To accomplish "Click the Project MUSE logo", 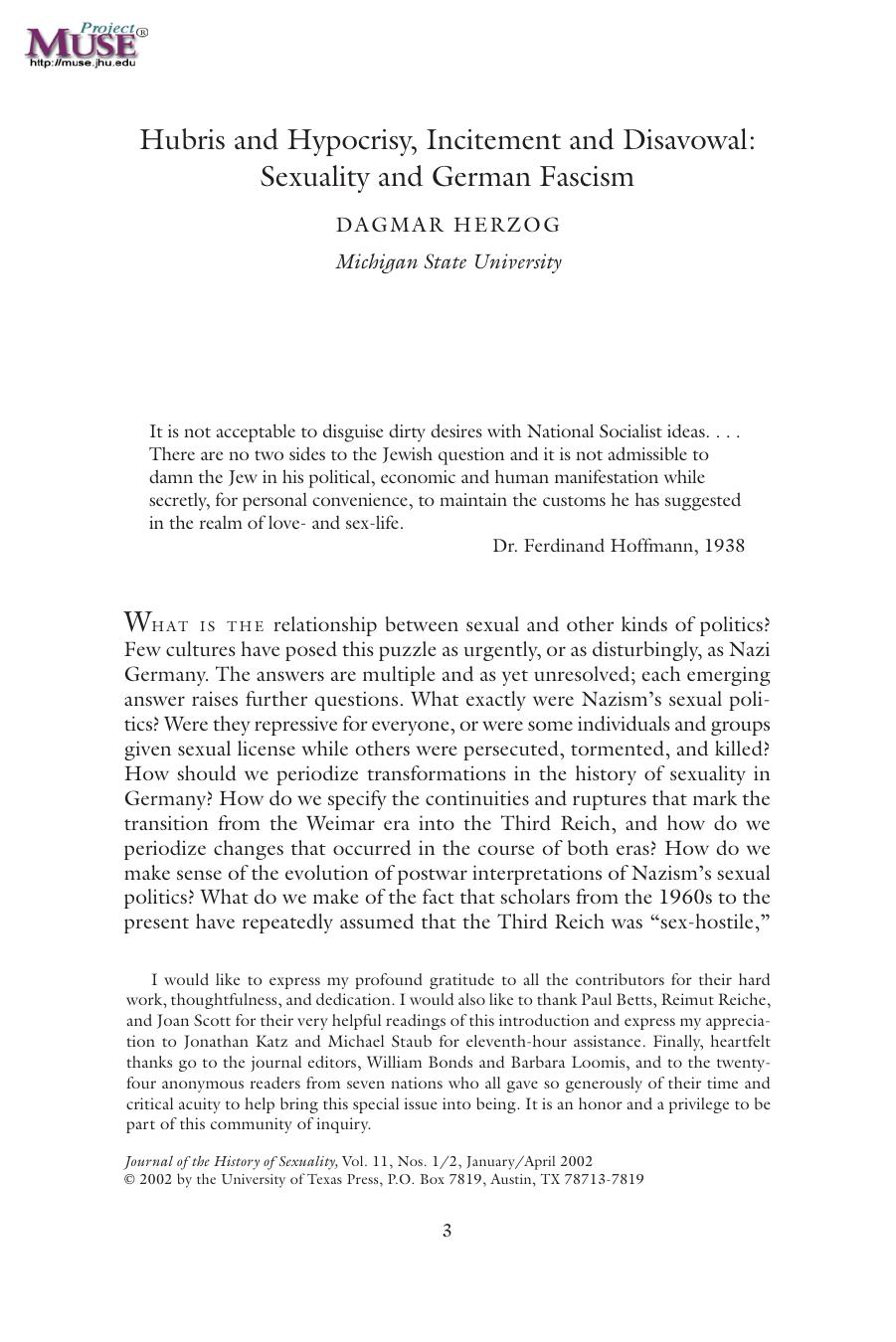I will point(86,43).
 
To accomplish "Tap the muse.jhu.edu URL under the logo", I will point(83,64).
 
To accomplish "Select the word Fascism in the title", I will point(587,177).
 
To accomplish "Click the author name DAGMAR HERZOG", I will point(448,225).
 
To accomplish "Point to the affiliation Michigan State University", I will point(448,262).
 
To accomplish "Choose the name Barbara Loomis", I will point(544,1063).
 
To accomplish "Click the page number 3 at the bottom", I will point(448,1231).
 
